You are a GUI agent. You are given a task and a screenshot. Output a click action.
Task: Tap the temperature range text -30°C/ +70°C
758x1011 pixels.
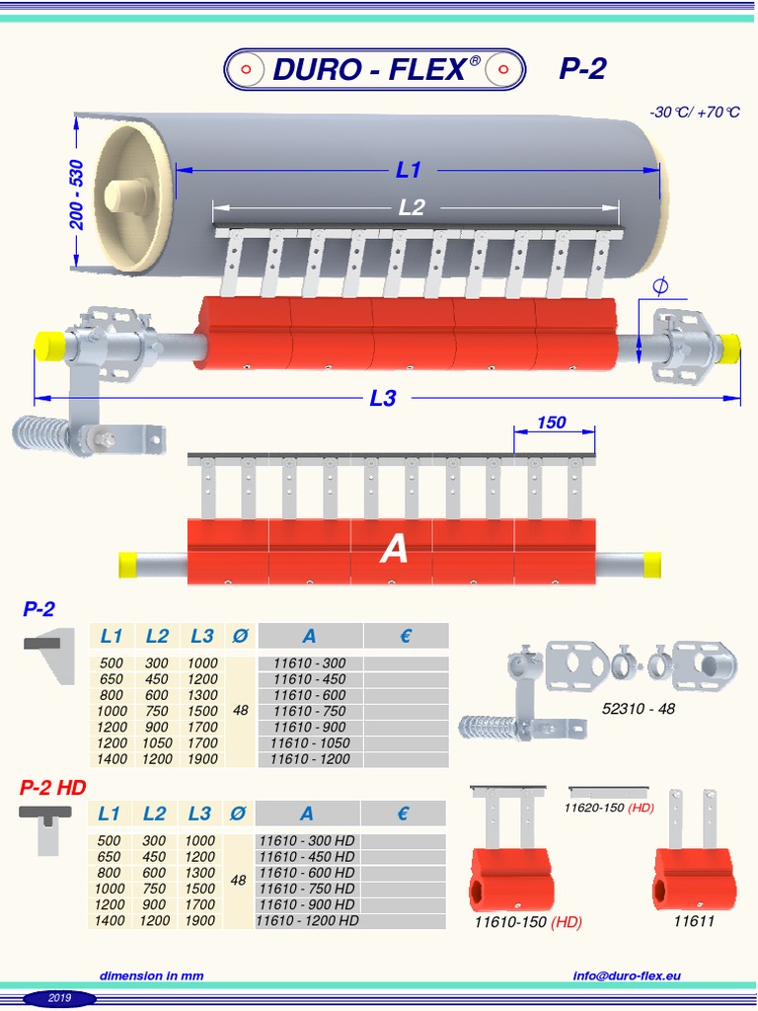(694, 112)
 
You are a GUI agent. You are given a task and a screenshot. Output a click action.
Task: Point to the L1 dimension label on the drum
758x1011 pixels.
(409, 170)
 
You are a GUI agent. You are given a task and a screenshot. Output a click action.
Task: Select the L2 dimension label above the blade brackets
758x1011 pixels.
(412, 207)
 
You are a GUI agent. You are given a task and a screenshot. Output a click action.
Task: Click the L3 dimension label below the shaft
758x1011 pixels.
(383, 398)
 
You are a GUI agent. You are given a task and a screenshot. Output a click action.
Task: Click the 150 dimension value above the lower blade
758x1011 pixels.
(552, 423)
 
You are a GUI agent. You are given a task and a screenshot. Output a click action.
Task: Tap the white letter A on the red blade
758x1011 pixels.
(394, 550)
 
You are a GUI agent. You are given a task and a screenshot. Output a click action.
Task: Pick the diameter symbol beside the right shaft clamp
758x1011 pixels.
(660, 286)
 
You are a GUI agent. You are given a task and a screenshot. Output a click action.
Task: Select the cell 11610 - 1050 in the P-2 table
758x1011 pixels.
(309, 743)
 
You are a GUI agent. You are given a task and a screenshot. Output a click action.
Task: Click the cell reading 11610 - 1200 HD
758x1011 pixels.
(307, 920)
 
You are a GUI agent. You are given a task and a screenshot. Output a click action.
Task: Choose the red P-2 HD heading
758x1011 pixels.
(53, 787)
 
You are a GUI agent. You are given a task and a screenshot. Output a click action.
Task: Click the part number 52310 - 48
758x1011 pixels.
(639, 709)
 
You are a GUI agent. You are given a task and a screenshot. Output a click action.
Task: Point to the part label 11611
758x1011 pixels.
(694, 922)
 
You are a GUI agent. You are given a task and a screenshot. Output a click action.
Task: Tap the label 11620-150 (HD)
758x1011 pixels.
(609, 808)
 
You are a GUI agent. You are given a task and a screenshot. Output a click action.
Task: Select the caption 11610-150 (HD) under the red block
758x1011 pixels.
(528, 922)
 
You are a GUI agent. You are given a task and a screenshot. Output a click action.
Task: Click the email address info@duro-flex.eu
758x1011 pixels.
(627, 975)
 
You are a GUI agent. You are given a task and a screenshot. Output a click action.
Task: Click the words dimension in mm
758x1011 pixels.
(151, 975)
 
